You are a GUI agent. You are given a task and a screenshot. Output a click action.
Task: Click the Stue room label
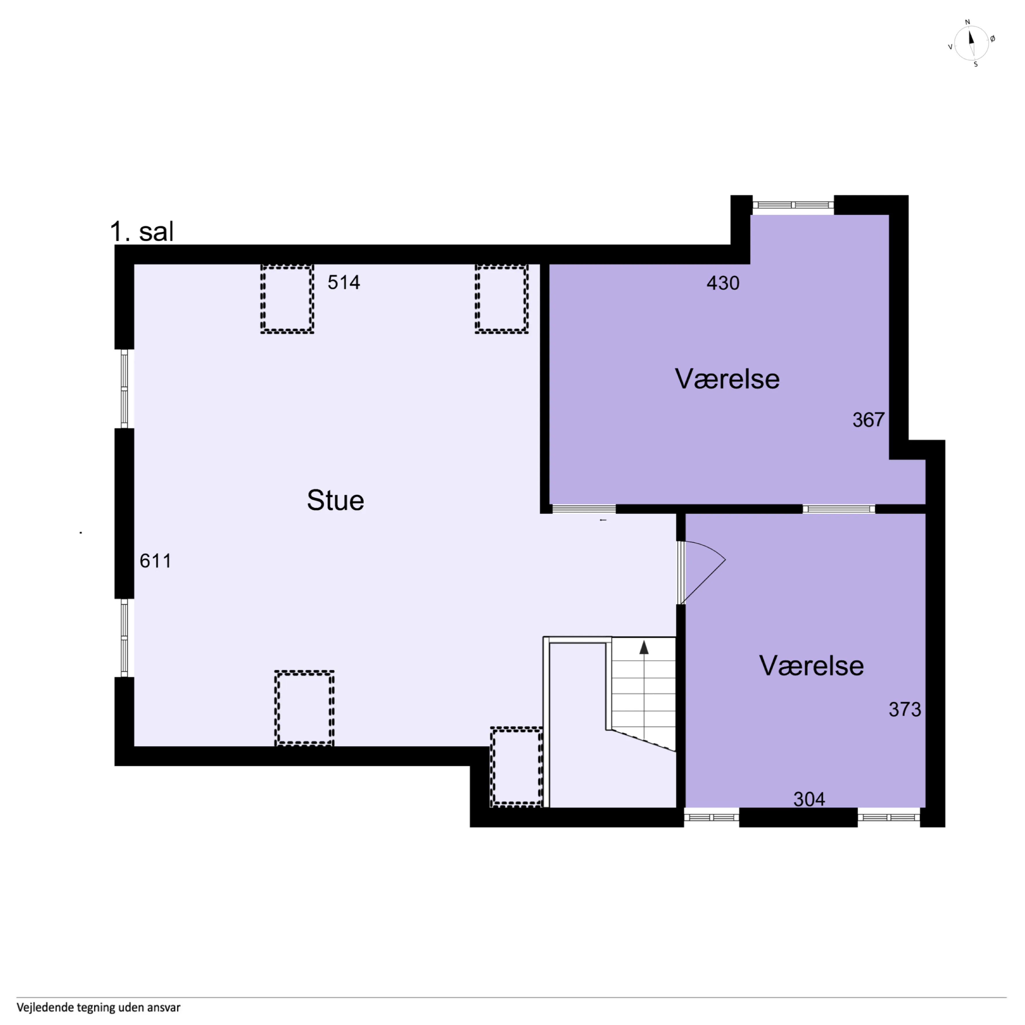click(335, 500)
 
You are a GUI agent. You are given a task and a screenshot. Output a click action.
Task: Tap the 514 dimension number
click(344, 282)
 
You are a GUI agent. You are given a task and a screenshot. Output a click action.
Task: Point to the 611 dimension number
click(155, 561)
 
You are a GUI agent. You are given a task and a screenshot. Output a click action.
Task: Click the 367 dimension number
click(868, 420)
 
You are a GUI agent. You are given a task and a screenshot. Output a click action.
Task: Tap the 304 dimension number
click(809, 799)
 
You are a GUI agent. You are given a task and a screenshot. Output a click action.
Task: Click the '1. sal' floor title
click(142, 231)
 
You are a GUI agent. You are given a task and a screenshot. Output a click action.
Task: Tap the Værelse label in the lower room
click(811, 666)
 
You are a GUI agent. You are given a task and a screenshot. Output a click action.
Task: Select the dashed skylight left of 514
click(287, 299)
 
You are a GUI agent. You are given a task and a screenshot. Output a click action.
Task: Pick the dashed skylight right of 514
click(501, 299)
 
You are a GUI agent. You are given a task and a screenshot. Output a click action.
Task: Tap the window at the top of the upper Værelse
click(793, 205)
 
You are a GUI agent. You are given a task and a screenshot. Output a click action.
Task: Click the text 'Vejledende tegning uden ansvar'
click(99, 1007)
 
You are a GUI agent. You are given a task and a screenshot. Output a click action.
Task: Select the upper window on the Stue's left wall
click(124, 388)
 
